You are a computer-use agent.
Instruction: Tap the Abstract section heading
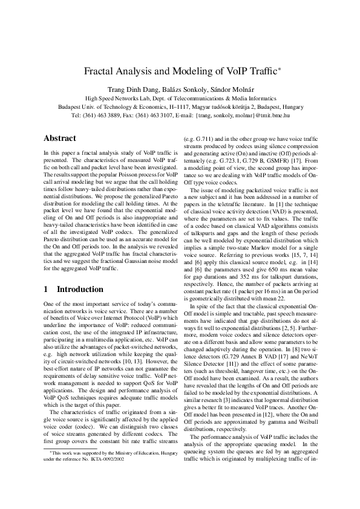tap(60, 138)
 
